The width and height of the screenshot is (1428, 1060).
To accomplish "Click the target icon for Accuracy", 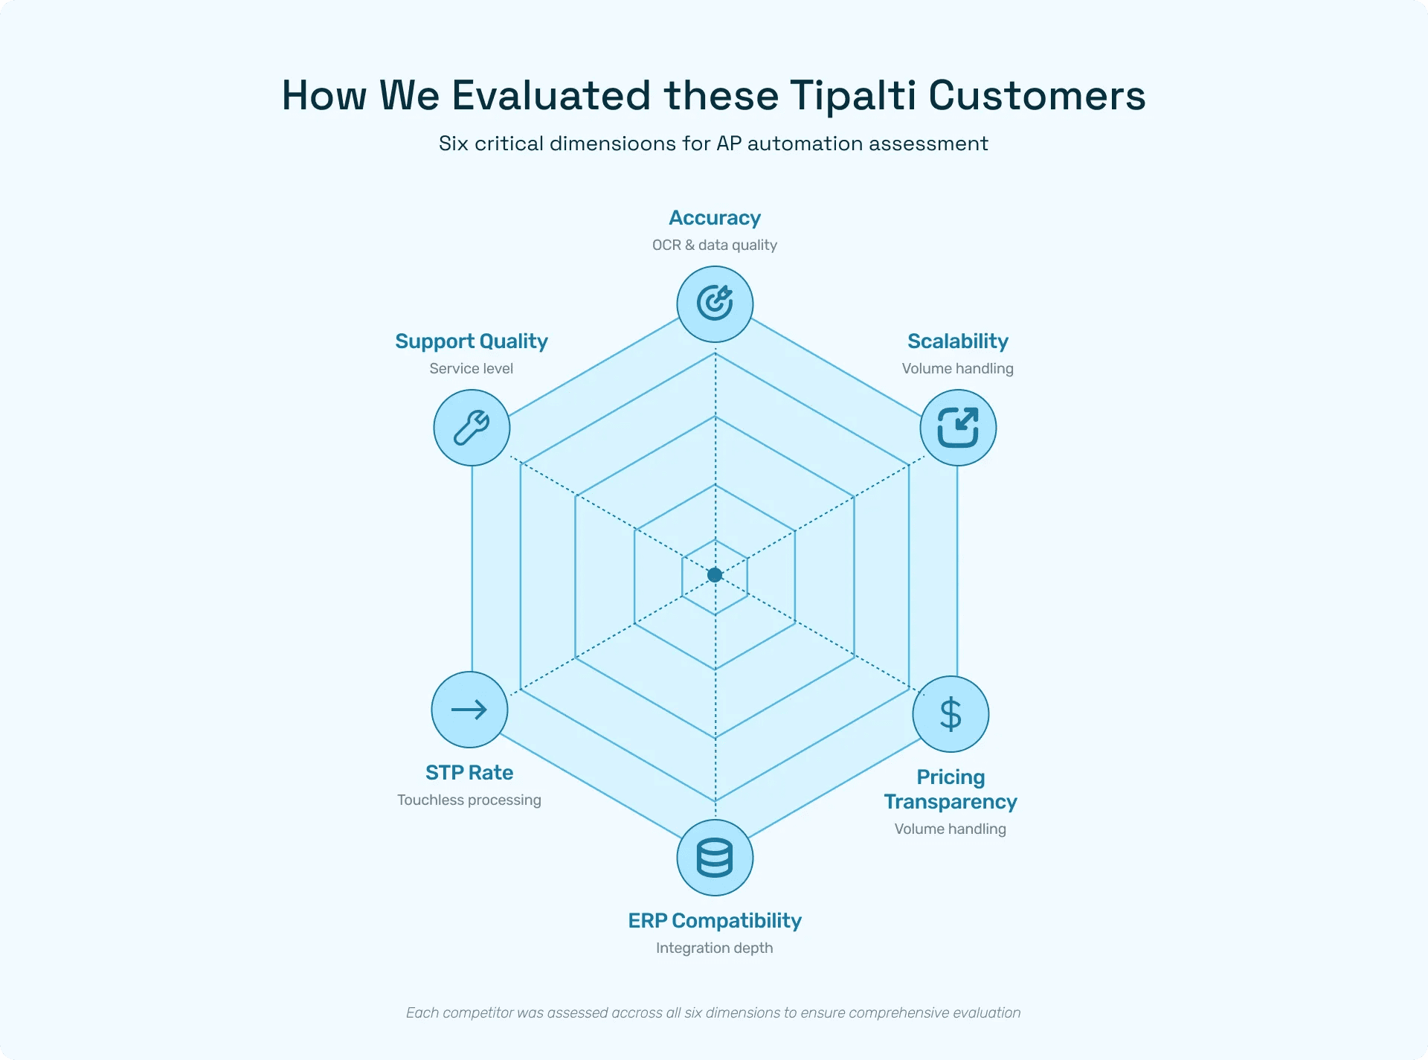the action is click(x=715, y=303).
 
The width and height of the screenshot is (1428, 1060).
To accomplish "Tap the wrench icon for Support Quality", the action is click(x=472, y=428).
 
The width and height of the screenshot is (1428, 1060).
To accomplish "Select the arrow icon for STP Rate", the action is click(x=469, y=710).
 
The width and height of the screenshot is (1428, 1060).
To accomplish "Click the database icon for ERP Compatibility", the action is click(x=715, y=858).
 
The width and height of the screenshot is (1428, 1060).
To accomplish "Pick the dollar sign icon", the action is click(x=951, y=714).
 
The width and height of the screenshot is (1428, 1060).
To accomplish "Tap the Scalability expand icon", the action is click(x=958, y=428).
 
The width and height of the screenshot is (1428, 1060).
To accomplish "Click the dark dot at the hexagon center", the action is click(x=715, y=575).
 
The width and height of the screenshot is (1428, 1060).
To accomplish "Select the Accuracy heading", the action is click(x=715, y=218).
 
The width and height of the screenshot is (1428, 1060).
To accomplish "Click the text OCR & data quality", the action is click(x=715, y=245).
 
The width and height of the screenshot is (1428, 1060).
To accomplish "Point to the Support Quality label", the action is click(x=472, y=341).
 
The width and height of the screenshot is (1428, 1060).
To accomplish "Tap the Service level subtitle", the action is click(x=472, y=369).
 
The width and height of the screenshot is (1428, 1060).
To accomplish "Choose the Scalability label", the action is click(x=958, y=341).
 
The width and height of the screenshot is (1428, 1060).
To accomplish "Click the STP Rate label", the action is click(x=469, y=773).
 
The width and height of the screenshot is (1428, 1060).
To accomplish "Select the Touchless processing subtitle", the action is click(x=469, y=800).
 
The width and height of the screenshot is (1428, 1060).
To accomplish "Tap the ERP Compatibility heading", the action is click(x=715, y=921).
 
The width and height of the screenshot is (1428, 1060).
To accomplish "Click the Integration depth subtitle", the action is click(x=715, y=948).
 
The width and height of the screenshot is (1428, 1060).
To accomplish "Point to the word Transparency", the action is click(x=951, y=802).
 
